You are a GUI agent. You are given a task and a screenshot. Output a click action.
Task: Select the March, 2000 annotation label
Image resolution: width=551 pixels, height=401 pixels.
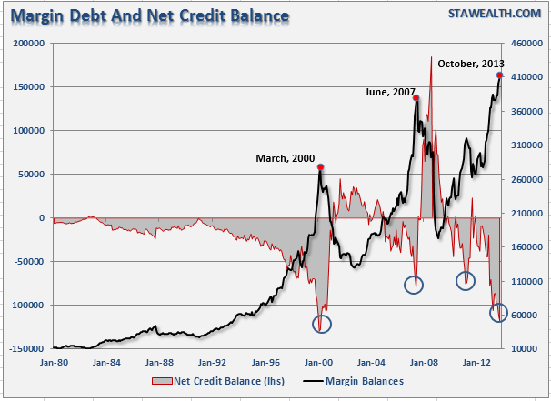(x=284, y=159)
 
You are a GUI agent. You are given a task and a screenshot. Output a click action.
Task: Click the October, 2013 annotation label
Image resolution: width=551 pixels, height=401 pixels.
(x=471, y=64)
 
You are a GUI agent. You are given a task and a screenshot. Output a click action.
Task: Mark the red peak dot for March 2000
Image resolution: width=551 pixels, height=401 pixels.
(x=321, y=167)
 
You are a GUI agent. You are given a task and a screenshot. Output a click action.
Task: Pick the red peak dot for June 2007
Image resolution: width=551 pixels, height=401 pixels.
(x=416, y=98)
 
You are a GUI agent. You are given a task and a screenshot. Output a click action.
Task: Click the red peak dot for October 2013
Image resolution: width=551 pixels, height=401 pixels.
(x=500, y=75)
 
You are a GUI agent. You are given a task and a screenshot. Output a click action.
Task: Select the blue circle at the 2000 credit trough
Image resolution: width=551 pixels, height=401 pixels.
(x=322, y=322)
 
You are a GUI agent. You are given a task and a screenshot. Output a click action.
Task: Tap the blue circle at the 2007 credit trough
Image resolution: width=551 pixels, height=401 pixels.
(x=415, y=284)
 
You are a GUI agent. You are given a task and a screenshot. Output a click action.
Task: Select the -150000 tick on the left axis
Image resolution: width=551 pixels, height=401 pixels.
(x=25, y=349)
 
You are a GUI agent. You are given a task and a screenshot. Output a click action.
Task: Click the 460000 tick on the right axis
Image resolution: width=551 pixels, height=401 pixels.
(x=526, y=44)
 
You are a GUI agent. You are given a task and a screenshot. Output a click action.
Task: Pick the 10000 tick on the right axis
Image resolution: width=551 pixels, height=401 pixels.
(x=525, y=349)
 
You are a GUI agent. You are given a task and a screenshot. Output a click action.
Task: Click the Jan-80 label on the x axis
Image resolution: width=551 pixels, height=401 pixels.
(x=54, y=360)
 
